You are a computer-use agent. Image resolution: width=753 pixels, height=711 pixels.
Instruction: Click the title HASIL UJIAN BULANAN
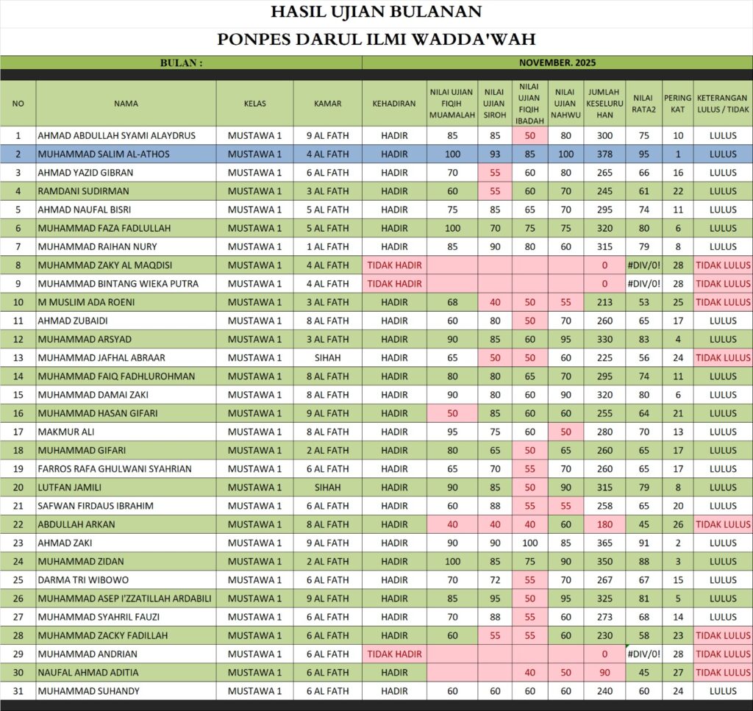[376, 12]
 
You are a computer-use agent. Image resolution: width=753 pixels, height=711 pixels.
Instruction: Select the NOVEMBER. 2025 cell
[557, 63]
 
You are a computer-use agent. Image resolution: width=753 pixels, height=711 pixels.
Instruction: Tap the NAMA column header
[126, 104]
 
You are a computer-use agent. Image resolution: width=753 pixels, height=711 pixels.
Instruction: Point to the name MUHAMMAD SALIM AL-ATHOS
[104, 154]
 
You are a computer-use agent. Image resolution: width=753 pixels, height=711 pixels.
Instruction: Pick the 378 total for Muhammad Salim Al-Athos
[604, 154]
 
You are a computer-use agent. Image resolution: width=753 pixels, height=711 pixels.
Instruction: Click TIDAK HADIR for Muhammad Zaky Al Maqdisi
[394, 265]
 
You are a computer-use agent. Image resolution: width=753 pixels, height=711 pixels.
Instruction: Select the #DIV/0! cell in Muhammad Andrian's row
[643, 654]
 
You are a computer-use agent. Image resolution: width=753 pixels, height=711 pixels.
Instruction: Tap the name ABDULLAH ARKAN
[76, 524]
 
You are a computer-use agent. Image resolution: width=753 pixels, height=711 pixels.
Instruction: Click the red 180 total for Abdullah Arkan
[604, 524]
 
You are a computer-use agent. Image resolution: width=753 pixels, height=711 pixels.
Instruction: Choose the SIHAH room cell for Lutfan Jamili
[328, 487]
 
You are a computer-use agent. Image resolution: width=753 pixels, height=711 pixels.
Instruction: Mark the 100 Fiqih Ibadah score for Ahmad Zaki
[530, 543]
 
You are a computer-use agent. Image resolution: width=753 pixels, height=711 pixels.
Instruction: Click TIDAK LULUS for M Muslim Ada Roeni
[723, 302]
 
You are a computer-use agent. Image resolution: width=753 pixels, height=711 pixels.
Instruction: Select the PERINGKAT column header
[677, 104]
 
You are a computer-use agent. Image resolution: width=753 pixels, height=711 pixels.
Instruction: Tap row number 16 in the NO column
[18, 413]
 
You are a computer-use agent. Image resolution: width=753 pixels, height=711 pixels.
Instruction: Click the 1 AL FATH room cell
[328, 246]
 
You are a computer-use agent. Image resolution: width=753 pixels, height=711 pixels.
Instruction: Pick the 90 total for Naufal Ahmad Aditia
[604, 672]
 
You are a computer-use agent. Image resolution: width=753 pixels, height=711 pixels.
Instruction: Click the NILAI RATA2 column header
[643, 104]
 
